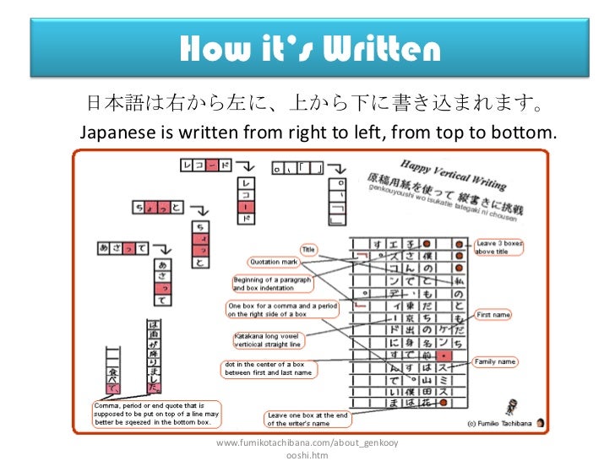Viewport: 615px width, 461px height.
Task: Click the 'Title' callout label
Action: pyautogui.click(x=308, y=250)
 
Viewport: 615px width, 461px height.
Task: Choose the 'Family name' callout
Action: pyautogui.click(x=496, y=361)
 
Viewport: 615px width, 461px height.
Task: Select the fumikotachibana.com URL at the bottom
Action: pyautogui.click(x=307, y=448)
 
